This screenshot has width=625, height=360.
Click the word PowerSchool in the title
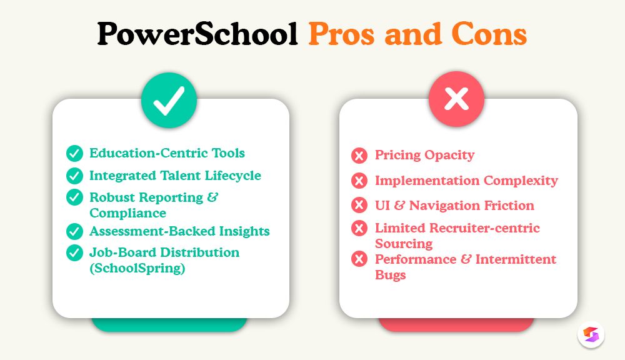click(197, 36)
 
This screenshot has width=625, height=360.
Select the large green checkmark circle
click(169, 101)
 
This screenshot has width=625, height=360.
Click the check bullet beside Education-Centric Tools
click(75, 153)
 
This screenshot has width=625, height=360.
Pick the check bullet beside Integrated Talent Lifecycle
click(75, 176)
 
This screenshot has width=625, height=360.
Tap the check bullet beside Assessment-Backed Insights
click(75, 231)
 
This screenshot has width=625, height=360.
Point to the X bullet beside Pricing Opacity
click(359, 156)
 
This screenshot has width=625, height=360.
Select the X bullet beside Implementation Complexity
click(359, 181)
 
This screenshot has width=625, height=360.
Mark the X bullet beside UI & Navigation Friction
click(359, 206)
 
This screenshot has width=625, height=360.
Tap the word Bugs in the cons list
click(391, 275)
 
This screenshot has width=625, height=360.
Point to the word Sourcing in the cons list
click(404, 244)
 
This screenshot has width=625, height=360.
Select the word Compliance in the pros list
click(127, 213)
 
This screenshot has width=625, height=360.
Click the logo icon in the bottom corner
click(591, 334)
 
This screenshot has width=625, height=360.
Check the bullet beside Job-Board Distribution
click(75, 252)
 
